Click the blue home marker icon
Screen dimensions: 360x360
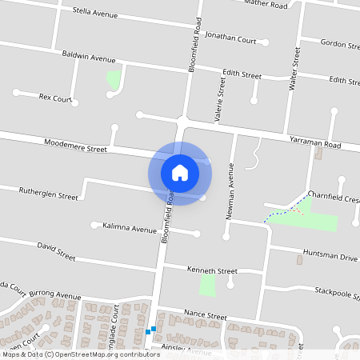pos(179,172)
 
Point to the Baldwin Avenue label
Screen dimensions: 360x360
pos(89,58)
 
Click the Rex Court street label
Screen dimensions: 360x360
pos(55,98)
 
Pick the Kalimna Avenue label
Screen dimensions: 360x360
pos(130,229)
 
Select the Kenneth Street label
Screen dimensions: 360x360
pos(211,270)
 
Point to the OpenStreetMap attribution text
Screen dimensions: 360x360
pos(80,354)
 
